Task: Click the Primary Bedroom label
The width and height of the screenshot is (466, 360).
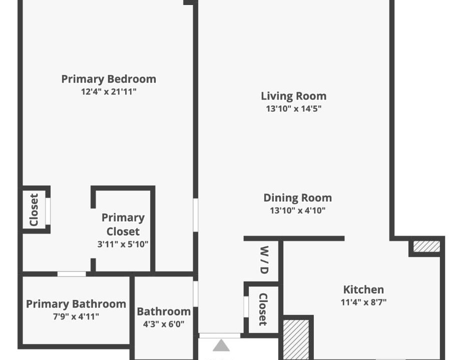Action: point(109,79)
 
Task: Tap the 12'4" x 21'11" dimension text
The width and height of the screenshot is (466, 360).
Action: point(109,91)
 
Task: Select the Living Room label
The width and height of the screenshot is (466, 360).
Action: point(294,96)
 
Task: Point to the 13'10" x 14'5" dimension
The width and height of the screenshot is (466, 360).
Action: point(294,108)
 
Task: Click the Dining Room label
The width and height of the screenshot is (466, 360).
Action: point(297,198)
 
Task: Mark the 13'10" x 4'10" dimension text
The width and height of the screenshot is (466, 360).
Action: point(297,210)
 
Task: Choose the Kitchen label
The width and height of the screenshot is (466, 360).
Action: point(363,289)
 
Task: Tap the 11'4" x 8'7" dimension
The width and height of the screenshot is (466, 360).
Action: point(363,302)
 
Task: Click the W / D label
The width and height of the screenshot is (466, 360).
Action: point(264,260)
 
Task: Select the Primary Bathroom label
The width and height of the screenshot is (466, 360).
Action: point(76,304)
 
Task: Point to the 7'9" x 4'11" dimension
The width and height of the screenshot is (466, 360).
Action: point(76,316)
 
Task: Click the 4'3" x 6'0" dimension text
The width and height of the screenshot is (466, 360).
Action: point(164,324)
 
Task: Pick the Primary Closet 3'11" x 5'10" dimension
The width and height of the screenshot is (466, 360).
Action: point(123,244)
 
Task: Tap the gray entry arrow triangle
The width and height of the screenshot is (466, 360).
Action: point(221,345)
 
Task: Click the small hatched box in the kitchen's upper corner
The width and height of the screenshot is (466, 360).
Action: point(426,246)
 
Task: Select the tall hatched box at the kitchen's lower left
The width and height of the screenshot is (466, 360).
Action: point(296,340)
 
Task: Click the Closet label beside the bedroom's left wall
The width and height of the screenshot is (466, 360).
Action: point(34,210)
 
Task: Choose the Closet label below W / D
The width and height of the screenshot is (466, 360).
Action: point(263,309)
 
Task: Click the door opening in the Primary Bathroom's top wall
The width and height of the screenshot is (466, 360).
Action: point(72,274)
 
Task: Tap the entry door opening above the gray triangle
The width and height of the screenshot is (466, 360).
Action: point(220,335)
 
